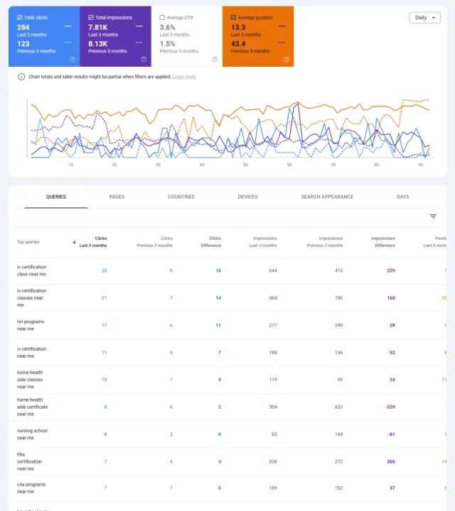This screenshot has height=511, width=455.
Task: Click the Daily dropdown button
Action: tap(424, 18)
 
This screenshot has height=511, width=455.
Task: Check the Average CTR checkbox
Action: tap(162, 17)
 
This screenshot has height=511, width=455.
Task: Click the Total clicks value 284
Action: tap(23, 27)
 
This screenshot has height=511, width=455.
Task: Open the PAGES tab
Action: tap(117, 197)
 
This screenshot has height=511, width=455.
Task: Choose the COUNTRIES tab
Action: tap(181, 197)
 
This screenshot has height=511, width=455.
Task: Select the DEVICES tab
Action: tap(247, 197)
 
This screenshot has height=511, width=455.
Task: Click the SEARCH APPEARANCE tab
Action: tap(326, 197)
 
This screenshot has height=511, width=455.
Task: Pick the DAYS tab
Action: tap(402, 197)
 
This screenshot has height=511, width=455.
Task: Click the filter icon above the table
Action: tap(433, 216)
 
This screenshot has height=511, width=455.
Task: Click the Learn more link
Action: tap(184, 77)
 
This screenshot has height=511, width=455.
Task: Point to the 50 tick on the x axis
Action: tap(245, 165)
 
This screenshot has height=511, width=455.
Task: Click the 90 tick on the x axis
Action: tap(420, 165)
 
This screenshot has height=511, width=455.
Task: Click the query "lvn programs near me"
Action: tap(31, 325)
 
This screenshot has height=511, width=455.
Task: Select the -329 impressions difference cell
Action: tap(390, 407)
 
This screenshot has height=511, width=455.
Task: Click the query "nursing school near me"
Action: tap(32, 434)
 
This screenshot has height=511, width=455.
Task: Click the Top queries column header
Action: tap(28, 242)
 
